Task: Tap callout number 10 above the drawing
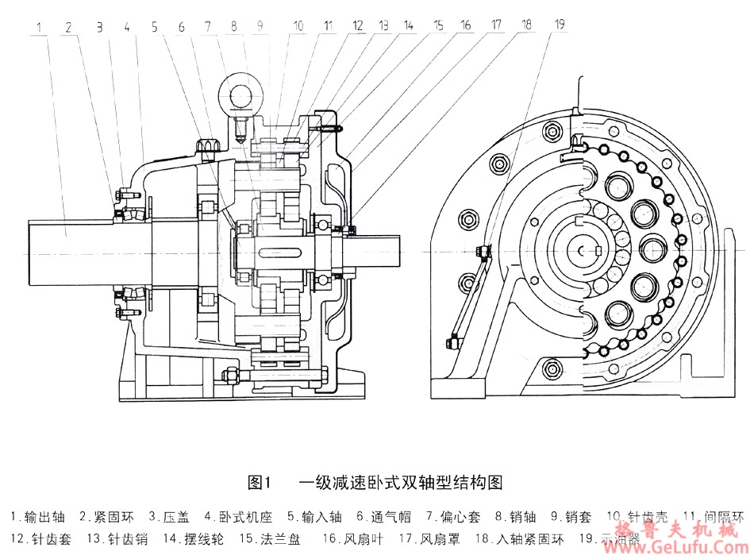coord(297,25)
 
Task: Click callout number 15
coord(438,25)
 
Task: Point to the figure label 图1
coord(260,481)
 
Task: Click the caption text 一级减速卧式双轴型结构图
coord(400,481)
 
